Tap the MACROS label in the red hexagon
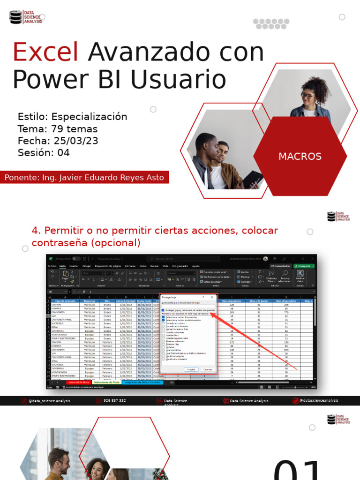[300, 157]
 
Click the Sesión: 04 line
[44, 153]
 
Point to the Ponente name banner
[84, 178]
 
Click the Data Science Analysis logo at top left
[26, 17]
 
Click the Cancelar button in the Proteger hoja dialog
[207, 369]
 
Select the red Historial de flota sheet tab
[79, 382]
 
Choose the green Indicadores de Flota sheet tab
[107, 382]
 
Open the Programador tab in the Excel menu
[180, 266]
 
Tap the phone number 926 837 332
[114, 401]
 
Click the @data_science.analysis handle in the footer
[47, 401]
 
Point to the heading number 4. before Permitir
[37, 231]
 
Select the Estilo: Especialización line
[72, 117]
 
